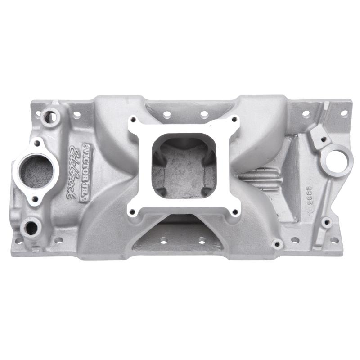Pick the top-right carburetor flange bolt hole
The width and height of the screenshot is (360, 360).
tap(234, 120)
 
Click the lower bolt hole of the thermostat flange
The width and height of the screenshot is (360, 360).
tap(35, 198)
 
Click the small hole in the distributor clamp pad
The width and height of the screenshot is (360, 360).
tap(318, 134)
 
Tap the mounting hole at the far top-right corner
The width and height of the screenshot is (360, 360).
tap(344, 113)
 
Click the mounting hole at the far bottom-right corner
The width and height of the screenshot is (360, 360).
tap(335, 241)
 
